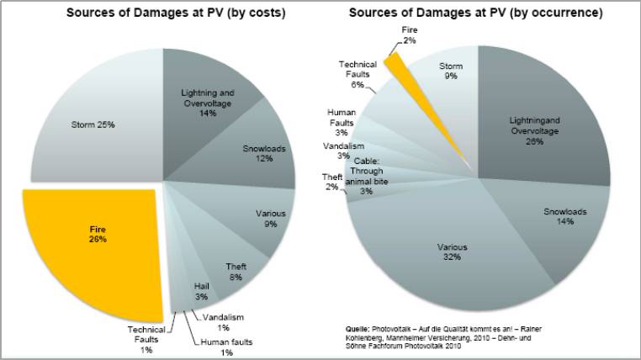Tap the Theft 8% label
point(236,272)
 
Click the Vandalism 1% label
point(224,322)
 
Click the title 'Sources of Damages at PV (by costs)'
point(163,13)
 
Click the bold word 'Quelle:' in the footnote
point(359,328)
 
